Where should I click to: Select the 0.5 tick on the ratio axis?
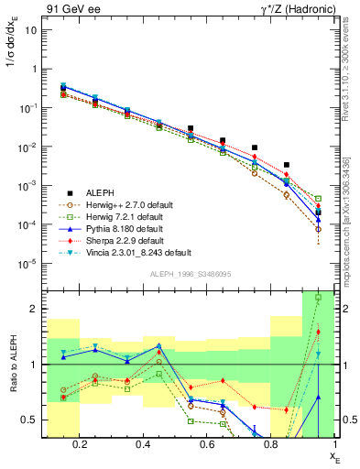[x=33, y=420]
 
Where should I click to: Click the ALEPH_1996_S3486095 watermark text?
[x=191, y=275]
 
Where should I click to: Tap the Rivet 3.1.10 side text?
[x=352, y=73]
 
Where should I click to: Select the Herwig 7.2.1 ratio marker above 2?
[x=318, y=298]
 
